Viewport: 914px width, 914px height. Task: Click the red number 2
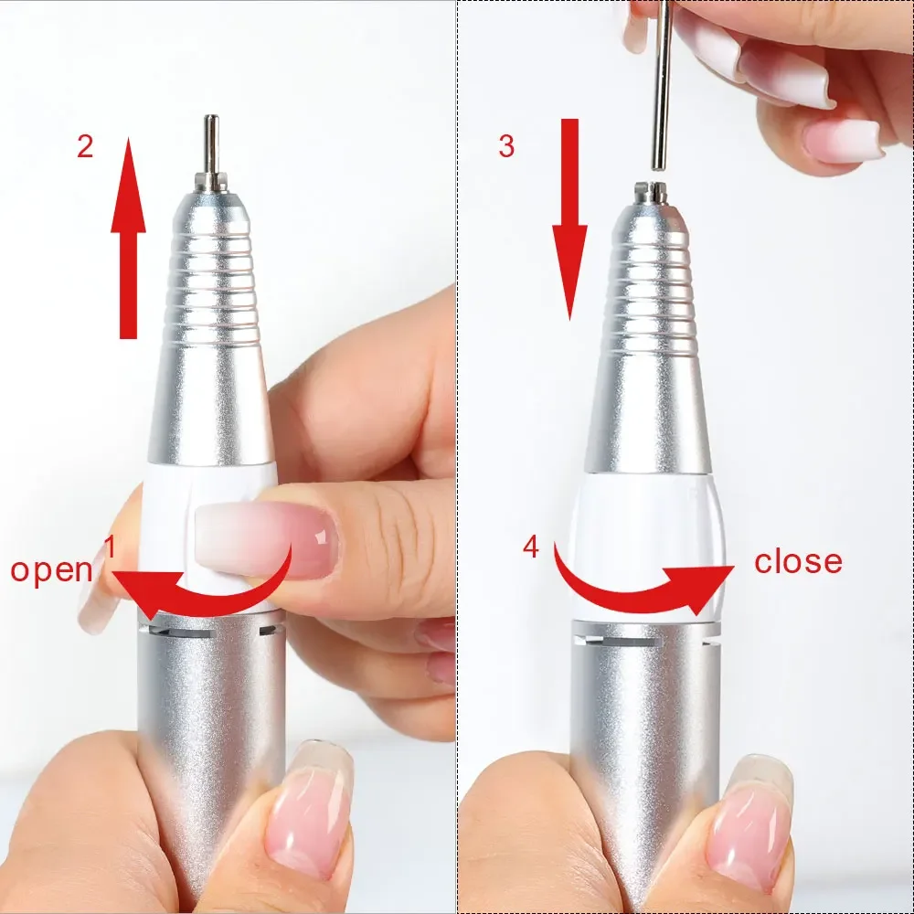click(x=85, y=146)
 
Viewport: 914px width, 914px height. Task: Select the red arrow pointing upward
click(x=128, y=238)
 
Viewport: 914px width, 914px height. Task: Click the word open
click(x=52, y=569)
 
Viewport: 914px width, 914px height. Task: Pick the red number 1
click(x=110, y=548)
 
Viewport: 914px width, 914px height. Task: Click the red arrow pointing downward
click(x=569, y=219)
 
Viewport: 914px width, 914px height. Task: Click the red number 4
click(x=531, y=547)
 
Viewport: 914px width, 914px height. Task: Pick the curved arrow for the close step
click(x=640, y=585)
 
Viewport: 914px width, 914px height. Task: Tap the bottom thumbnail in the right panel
click(x=749, y=818)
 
